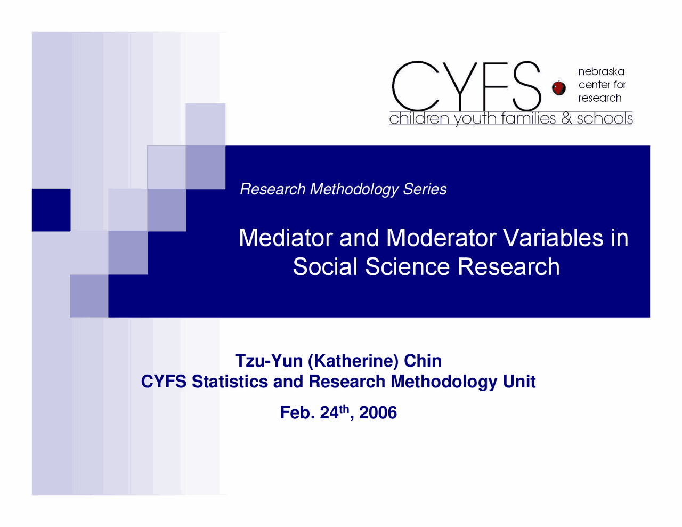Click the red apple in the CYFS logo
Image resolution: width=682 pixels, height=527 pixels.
(558, 87)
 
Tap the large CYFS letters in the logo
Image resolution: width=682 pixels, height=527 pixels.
(466, 86)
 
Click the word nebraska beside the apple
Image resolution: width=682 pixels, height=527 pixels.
(601, 71)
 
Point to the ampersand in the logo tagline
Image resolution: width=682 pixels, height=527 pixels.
(566, 118)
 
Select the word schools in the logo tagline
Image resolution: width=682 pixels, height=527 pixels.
(605, 118)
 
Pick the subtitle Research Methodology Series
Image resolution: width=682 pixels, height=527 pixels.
(343, 189)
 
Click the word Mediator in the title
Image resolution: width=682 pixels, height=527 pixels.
(286, 238)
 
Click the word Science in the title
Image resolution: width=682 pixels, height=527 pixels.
(408, 266)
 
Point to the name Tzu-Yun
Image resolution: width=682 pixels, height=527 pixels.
(269, 361)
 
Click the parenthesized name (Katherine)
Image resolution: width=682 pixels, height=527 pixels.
(353, 361)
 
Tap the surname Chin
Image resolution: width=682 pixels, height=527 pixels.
(423, 361)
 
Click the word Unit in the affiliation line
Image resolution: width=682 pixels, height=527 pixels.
(519, 382)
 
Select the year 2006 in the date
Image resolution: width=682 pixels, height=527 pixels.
(378, 412)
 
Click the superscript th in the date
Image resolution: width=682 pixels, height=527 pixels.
(344, 409)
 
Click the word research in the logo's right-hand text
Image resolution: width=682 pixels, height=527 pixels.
(600, 98)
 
